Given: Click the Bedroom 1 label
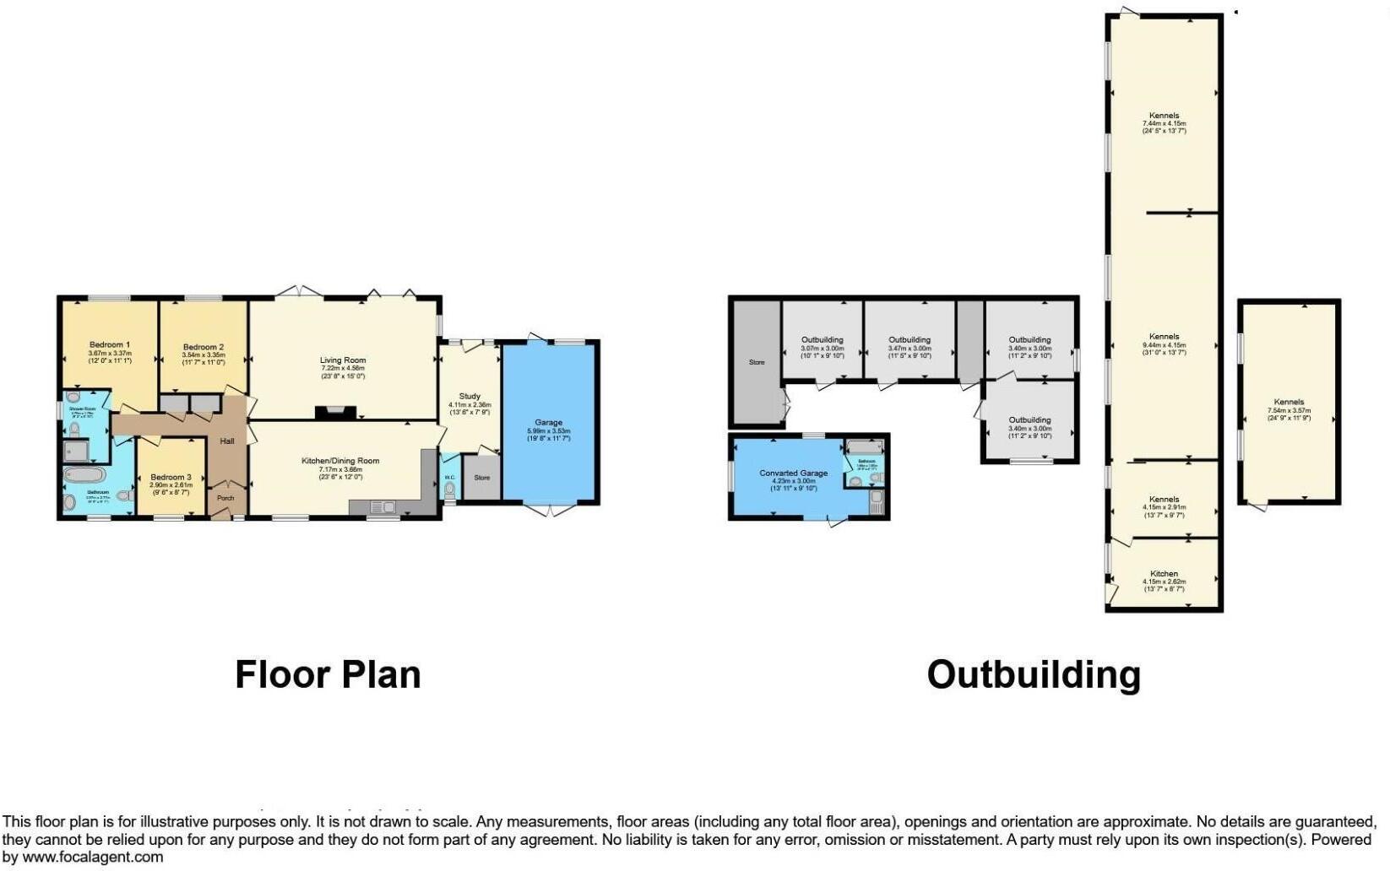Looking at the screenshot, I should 110,344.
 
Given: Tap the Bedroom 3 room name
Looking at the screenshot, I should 171,477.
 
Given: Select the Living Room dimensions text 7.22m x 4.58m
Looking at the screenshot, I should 343,368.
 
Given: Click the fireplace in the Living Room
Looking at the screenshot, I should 335,413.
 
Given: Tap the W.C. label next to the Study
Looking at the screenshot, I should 450,477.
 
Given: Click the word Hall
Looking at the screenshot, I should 227,441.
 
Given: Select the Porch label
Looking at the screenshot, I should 225,498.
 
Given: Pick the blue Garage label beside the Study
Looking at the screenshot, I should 548,422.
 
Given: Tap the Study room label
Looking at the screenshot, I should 470,396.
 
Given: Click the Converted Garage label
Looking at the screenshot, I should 793,473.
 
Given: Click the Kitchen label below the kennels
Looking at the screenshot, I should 1164,574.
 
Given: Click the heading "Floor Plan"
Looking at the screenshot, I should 328,674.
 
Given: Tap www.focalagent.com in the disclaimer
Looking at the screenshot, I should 93,857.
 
